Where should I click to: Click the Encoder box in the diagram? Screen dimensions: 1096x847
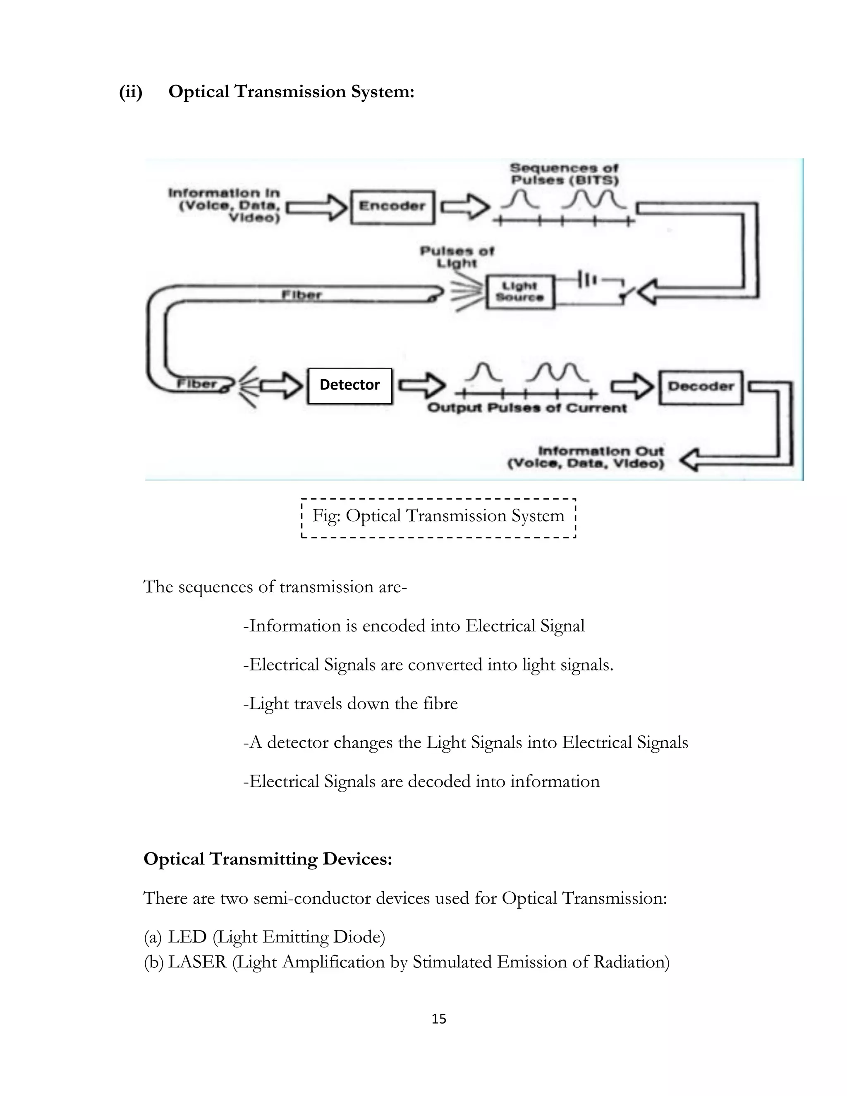(392, 206)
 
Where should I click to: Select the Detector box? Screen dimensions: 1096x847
(350, 385)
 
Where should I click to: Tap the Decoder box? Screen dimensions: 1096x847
(701, 386)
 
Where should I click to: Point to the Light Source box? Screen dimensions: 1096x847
(520, 292)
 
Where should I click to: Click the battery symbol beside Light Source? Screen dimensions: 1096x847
(588, 280)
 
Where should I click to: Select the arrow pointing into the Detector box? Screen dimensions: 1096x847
(281, 385)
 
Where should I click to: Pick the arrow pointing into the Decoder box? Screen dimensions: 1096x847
(631, 386)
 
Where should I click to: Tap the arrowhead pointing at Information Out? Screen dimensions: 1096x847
(691, 459)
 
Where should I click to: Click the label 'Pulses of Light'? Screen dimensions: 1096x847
(457, 256)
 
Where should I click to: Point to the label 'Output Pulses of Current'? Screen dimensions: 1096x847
(527, 408)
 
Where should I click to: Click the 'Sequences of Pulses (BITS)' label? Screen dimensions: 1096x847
(564, 174)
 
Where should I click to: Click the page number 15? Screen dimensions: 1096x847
(438, 1019)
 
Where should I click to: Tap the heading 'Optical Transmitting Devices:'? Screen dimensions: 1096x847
(268, 859)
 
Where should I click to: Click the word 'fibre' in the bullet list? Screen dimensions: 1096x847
(440, 704)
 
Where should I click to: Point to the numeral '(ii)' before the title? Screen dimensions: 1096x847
(130, 92)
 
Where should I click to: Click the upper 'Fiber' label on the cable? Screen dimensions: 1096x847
(301, 294)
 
